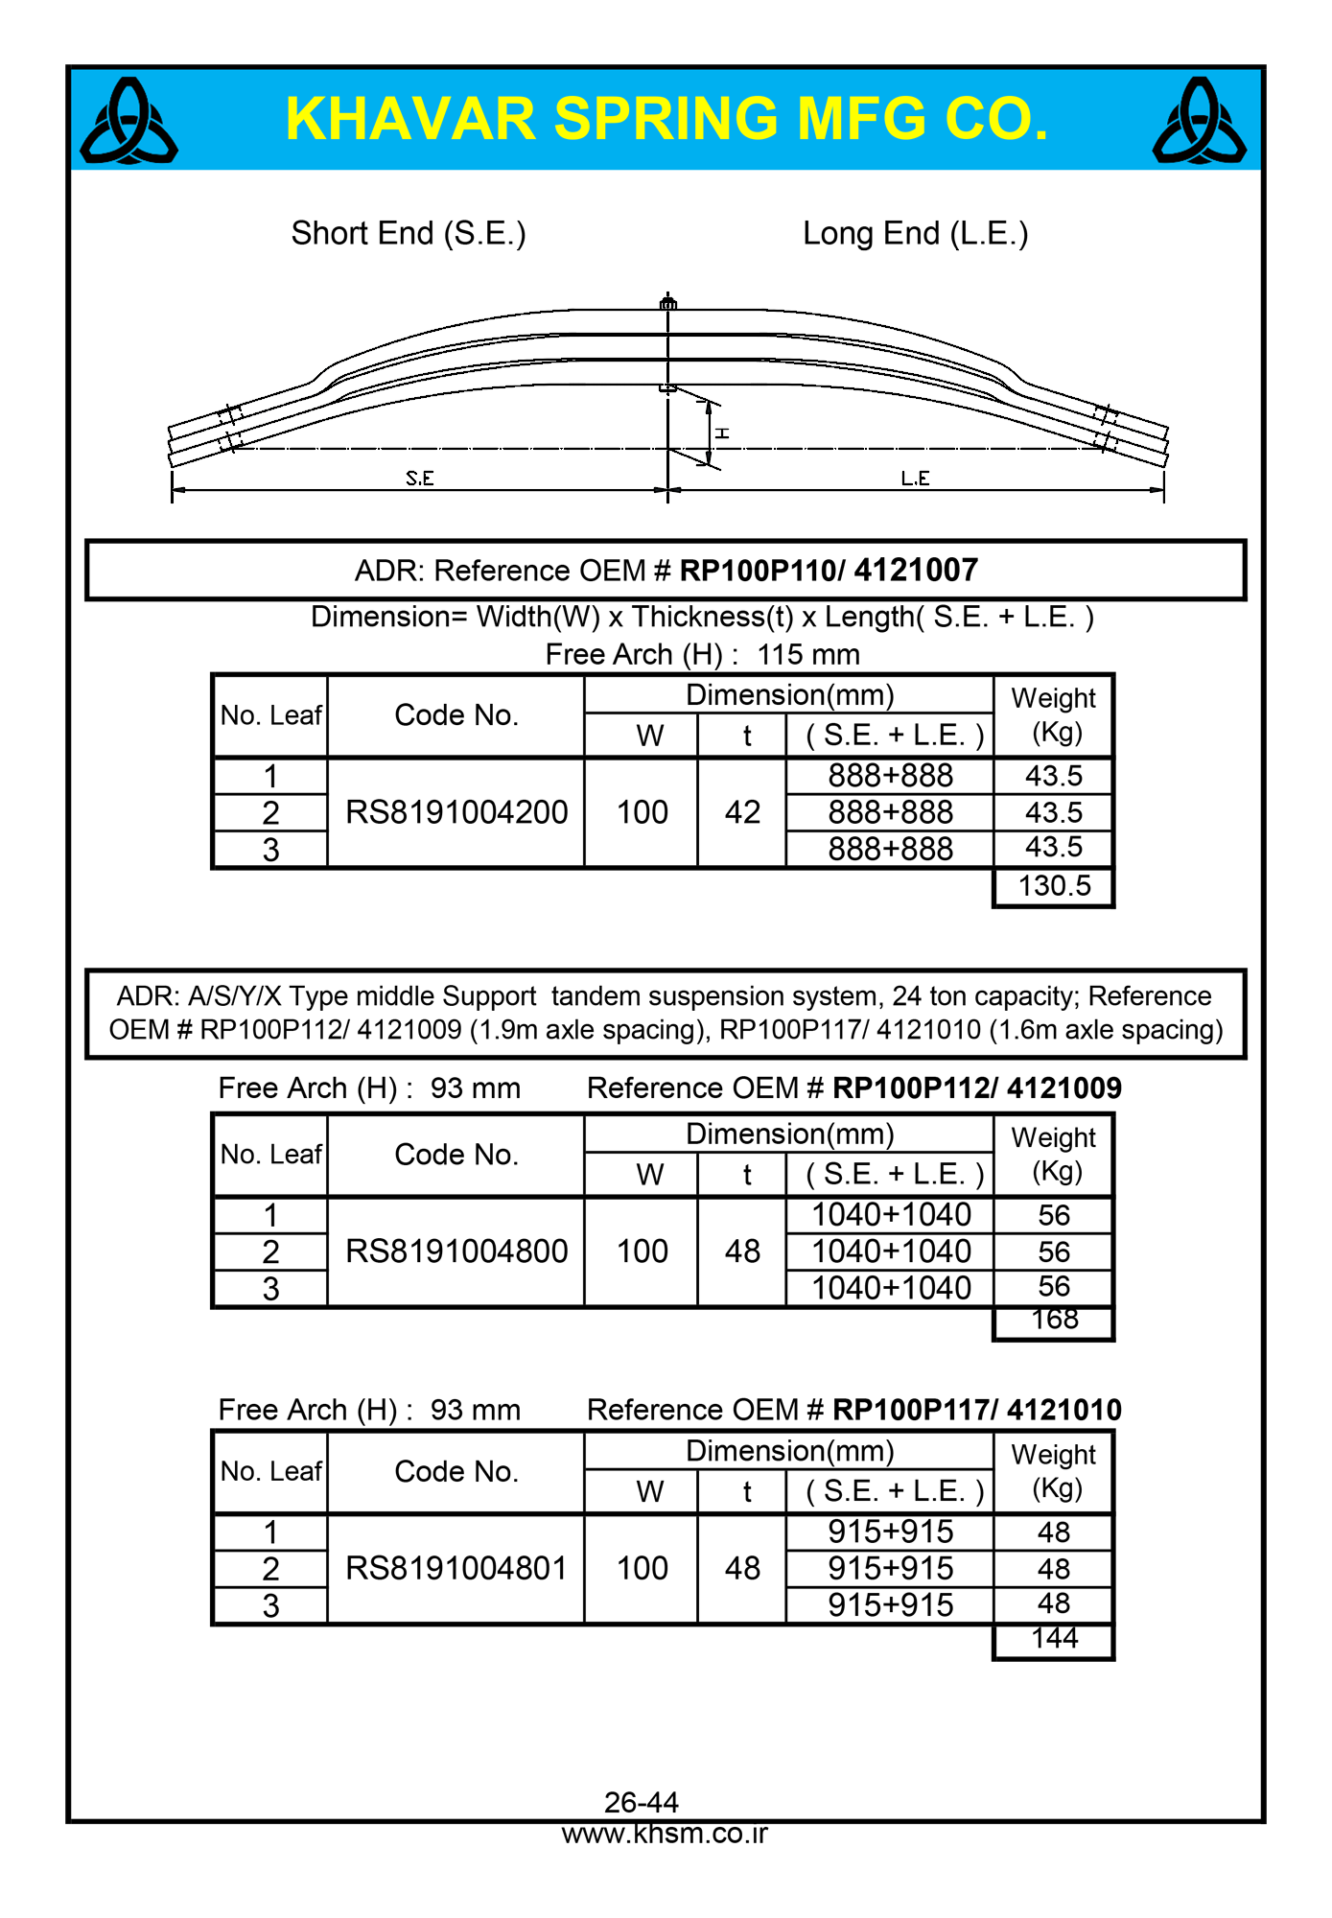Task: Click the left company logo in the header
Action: point(129,121)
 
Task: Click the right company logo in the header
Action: point(1200,121)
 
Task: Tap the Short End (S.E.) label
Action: point(409,233)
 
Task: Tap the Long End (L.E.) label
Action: point(915,233)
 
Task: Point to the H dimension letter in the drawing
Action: point(722,433)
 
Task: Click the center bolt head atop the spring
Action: point(668,303)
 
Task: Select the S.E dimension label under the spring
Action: point(419,479)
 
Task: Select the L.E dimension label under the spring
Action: point(915,479)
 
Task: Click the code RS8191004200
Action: point(456,812)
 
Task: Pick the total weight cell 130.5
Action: point(1054,886)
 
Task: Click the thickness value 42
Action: point(742,812)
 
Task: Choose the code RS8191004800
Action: point(456,1251)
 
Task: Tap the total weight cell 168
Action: point(1054,1321)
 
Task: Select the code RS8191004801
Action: point(456,1569)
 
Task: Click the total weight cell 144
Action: point(1054,1639)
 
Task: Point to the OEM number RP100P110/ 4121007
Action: point(829,571)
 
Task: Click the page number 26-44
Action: point(642,1802)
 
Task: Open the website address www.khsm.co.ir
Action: point(665,1834)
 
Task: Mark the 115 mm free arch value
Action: point(807,655)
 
